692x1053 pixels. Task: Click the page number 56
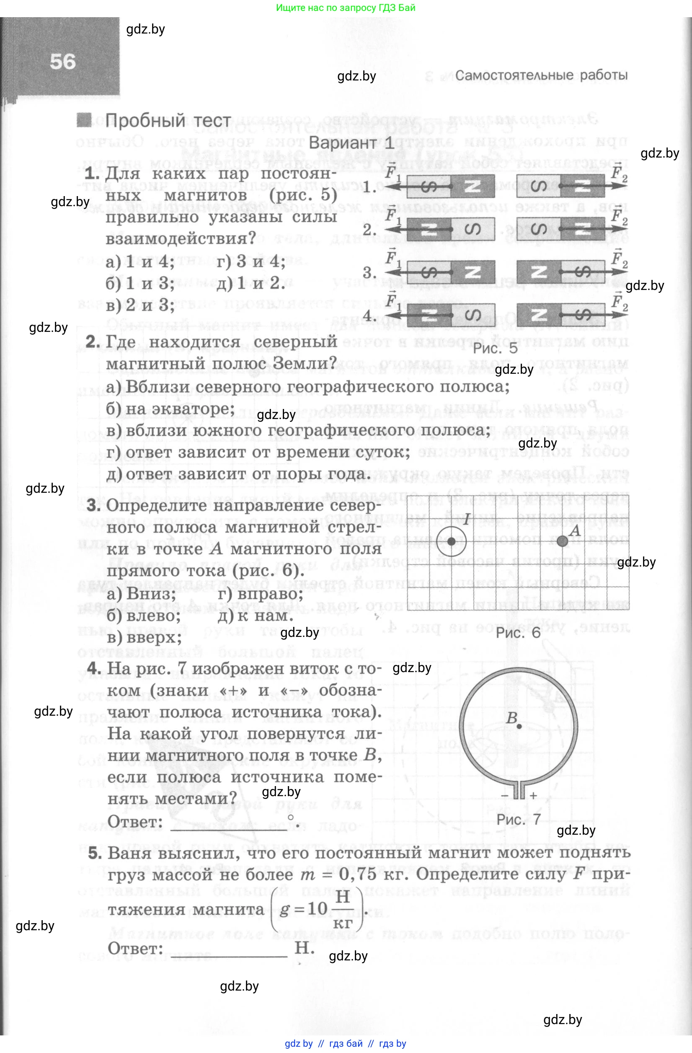click(x=63, y=62)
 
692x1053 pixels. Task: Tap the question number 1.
click(x=92, y=173)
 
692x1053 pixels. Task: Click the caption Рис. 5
click(x=495, y=348)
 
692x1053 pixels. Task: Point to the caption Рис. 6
click(x=518, y=633)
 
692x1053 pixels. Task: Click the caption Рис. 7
click(x=518, y=819)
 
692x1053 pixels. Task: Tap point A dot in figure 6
click(x=562, y=541)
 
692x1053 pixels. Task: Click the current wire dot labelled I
click(x=452, y=541)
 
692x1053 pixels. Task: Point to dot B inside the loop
click(x=519, y=726)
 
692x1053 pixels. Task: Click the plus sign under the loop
click(x=534, y=795)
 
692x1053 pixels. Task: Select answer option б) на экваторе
click(x=170, y=409)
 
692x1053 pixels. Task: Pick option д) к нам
click(x=255, y=616)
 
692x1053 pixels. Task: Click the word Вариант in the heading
click(x=343, y=142)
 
